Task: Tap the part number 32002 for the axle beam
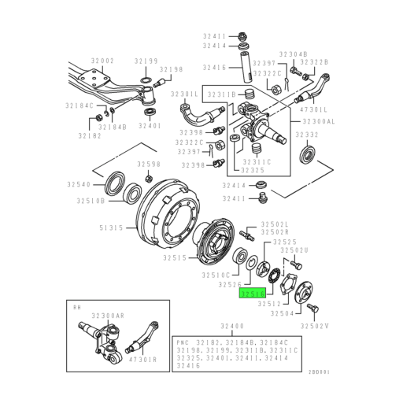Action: (101, 60)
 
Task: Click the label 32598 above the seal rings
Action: (148, 165)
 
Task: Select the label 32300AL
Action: (319, 123)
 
